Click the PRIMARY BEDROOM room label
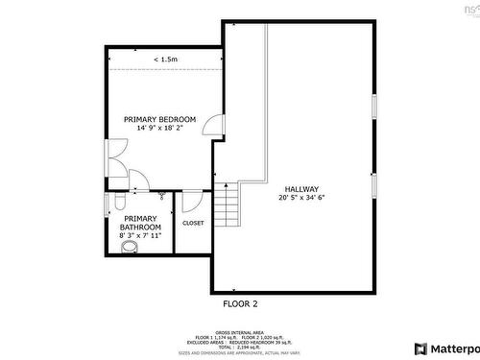point(159,119)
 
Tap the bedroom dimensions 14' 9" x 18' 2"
point(159,128)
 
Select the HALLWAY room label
point(301,189)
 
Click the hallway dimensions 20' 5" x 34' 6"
point(301,198)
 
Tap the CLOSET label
point(192,223)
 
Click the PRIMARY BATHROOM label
point(140,223)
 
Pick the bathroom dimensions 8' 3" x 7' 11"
point(140,235)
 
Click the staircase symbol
point(226,203)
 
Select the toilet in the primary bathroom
point(112,202)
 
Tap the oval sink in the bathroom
point(128,247)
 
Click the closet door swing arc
point(190,202)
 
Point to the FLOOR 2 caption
point(240,303)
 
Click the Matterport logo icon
point(420,348)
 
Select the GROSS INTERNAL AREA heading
point(240,332)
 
